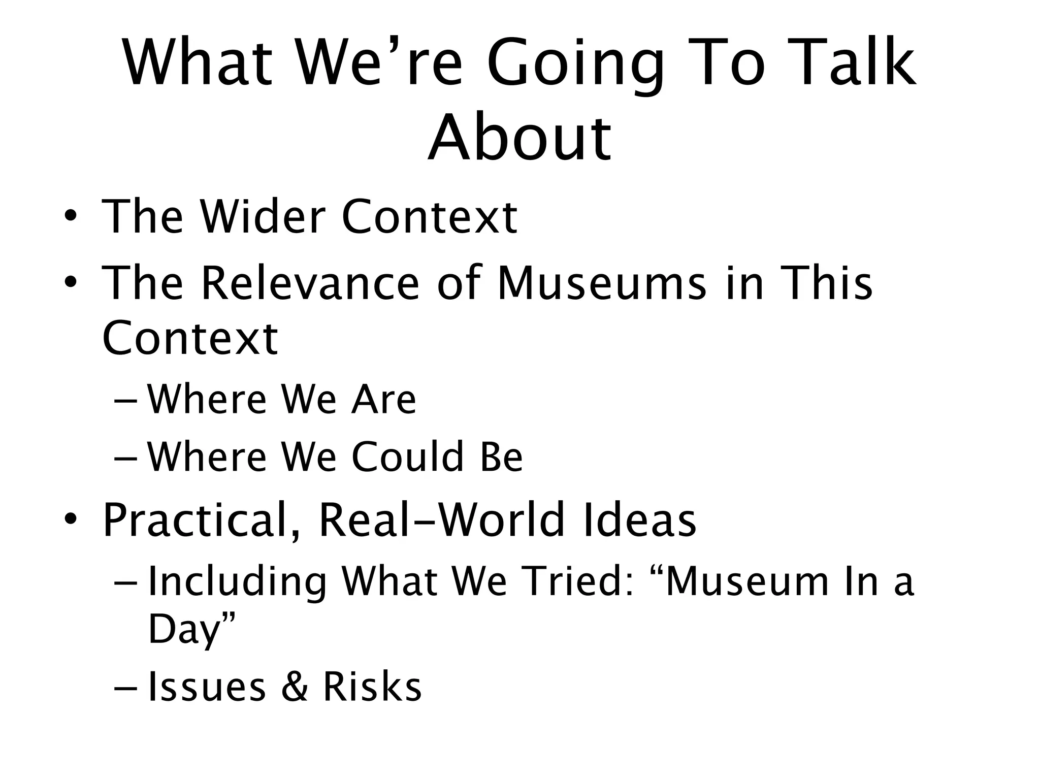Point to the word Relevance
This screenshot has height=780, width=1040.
[x=310, y=283]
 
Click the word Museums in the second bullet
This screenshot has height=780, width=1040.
[x=602, y=283]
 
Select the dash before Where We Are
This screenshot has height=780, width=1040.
[x=127, y=400]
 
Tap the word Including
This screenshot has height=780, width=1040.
[x=237, y=582]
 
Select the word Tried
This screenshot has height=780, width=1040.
[x=576, y=581]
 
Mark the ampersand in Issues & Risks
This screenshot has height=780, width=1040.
[x=295, y=687]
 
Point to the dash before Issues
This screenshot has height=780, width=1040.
[x=127, y=687]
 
